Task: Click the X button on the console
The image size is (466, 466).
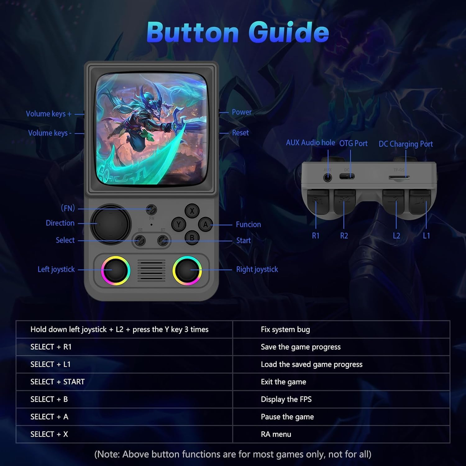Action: (x=192, y=211)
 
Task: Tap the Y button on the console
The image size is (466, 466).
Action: (x=179, y=224)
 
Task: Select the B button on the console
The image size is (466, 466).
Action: (x=192, y=238)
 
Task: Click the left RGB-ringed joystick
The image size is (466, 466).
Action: (x=116, y=270)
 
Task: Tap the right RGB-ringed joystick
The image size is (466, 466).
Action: (x=187, y=270)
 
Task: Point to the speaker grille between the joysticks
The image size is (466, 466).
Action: (x=151, y=270)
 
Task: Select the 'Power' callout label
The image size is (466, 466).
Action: (x=242, y=112)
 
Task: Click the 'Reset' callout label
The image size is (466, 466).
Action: (x=240, y=133)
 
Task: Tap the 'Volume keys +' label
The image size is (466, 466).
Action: (x=49, y=114)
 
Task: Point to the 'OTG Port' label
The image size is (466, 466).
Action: (x=353, y=143)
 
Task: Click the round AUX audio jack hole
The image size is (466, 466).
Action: (x=328, y=178)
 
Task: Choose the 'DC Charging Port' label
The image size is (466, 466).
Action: (x=406, y=144)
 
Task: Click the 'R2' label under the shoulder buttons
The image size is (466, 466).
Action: (x=344, y=236)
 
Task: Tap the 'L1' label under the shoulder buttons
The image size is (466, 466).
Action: (x=427, y=236)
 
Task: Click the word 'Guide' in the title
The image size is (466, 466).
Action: (x=289, y=32)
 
